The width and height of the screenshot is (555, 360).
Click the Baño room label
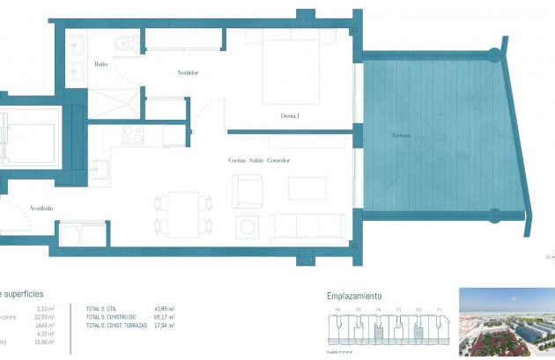pos(101,64)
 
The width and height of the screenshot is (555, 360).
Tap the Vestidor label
pos(188,73)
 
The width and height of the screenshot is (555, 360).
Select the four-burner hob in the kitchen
pos(133,136)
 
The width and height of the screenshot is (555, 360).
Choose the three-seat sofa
pos(309,227)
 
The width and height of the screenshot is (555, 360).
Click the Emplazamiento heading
pos(354,297)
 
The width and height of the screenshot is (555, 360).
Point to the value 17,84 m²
pos(164,327)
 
